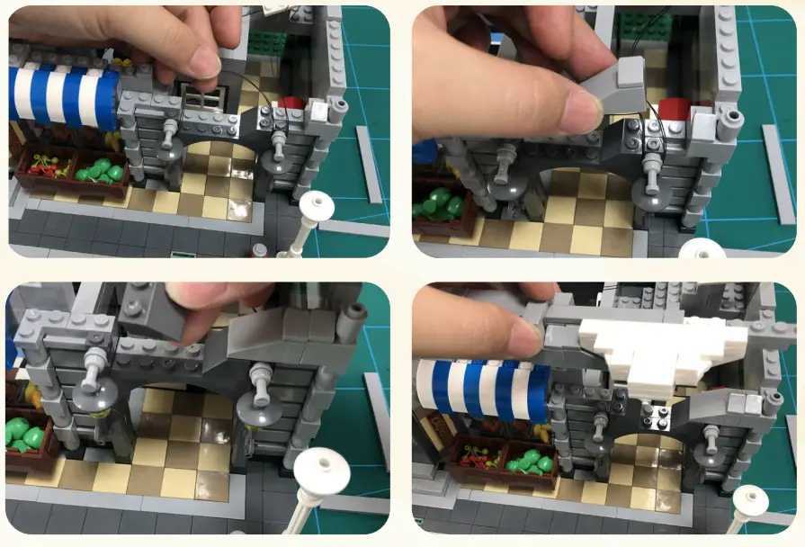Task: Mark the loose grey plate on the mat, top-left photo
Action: coord(368,163)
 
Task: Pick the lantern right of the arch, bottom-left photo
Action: coord(260,396)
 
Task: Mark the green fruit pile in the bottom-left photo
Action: coord(25,433)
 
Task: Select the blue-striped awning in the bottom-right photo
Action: coord(486,391)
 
